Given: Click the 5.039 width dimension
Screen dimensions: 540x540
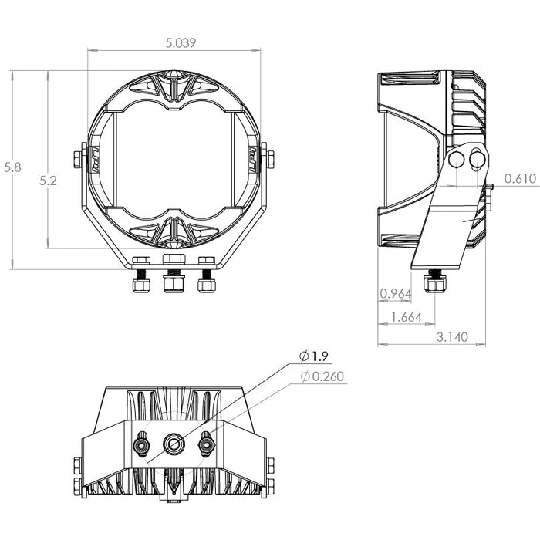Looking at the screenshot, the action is click(181, 42).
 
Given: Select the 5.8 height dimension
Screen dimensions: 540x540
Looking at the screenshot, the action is click(12, 167).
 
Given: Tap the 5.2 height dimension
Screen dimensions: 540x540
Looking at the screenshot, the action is click(48, 181).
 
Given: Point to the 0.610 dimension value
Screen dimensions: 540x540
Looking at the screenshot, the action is click(521, 178).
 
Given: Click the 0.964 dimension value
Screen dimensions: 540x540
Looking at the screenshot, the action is click(395, 293).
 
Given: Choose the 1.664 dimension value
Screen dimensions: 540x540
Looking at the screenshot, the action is click(407, 317).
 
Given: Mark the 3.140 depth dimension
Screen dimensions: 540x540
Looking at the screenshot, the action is click(452, 337).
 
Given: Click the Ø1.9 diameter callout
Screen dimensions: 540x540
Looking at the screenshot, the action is click(314, 356).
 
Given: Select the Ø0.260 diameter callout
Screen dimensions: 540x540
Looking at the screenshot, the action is click(322, 376).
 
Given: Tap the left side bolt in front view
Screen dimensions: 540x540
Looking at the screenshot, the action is click(77, 160).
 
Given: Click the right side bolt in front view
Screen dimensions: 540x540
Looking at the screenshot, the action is click(270, 160).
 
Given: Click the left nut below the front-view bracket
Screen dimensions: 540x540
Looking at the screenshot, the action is click(141, 285).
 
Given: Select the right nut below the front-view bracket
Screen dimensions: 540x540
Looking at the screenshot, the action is click(207, 285).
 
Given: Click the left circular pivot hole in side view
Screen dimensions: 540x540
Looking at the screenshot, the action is click(457, 160).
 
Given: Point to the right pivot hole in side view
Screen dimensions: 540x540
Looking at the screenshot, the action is click(477, 159).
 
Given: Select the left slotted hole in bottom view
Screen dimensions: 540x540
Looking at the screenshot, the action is click(141, 444).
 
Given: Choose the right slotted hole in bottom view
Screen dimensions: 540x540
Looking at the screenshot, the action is click(206, 444).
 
